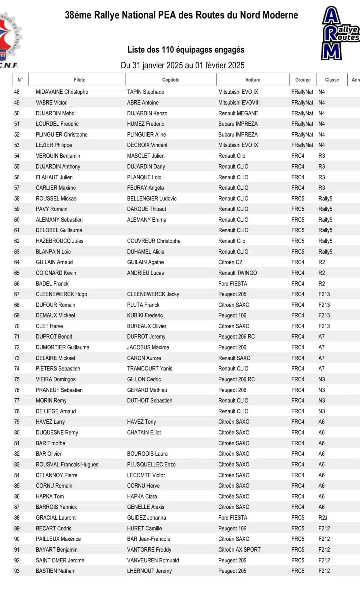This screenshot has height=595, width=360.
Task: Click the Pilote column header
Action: point(79,80)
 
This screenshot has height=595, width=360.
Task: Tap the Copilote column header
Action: point(171,80)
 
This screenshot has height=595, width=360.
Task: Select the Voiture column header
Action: point(253,80)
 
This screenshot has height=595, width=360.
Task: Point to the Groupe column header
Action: point(303,80)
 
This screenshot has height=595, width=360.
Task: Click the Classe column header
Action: point(332,80)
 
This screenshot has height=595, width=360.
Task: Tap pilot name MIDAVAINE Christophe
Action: point(62,92)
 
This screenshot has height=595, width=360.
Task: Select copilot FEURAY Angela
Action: point(145,188)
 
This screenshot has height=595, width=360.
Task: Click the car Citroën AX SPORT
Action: point(239,550)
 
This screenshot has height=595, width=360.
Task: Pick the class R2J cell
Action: point(323,518)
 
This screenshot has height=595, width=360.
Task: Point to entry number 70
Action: point(17,326)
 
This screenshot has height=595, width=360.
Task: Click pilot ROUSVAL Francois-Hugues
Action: point(67,464)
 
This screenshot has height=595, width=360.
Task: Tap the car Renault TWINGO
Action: point(237,273)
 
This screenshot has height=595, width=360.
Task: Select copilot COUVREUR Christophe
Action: point(154,241)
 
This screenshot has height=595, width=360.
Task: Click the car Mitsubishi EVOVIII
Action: point(239,103)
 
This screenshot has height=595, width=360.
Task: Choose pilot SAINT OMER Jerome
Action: point(60,560)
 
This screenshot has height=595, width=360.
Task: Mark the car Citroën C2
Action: point(230,262)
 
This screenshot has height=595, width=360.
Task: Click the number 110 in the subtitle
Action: point(168,50)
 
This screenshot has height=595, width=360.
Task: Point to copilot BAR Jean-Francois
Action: point(148,539)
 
